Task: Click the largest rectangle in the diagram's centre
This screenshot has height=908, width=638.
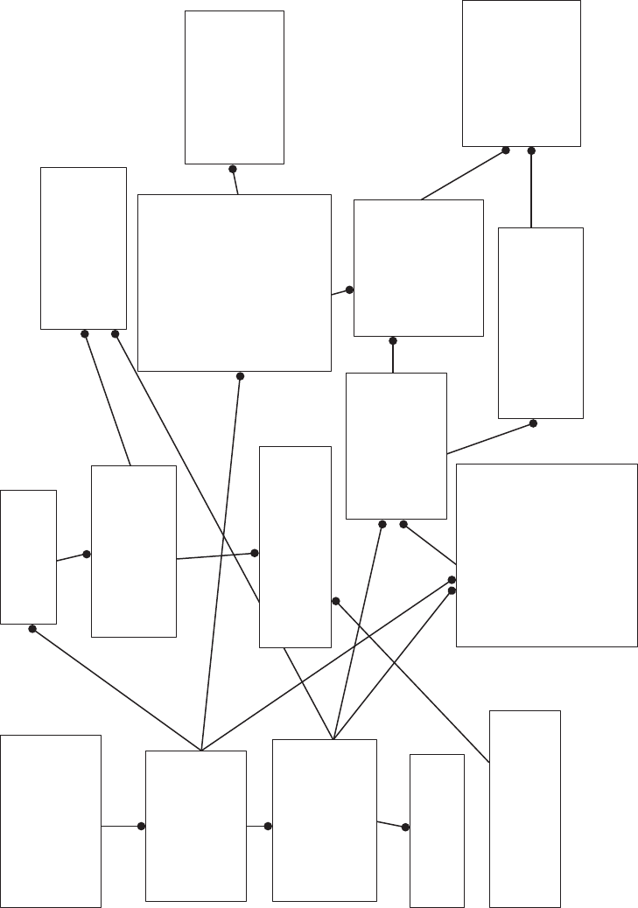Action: click(x=234, y=283)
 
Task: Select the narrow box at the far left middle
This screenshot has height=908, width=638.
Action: click(x=28, y=556)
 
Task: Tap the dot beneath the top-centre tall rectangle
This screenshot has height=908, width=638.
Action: click(x=233, y=169)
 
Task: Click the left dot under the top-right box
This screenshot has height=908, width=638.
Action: click(x=506, y=150)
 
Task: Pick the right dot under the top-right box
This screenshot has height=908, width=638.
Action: click(x=531, y=150)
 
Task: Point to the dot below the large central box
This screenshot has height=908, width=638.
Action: click(x=241, y=376)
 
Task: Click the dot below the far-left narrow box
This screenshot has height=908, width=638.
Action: click(x=32, y=629)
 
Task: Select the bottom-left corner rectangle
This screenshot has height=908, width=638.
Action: click(x=51, y=821)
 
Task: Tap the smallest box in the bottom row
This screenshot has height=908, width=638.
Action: click(x=437, y=830)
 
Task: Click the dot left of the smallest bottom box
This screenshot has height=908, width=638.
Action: click(x=405, y=827)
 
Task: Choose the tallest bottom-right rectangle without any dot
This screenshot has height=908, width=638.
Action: click(x=524, y=808)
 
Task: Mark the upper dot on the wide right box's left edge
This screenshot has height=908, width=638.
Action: click(x=452, y=580)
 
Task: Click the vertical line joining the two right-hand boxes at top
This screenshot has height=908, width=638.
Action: click(x=531, y=189)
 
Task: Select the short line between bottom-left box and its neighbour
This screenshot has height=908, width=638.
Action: click(x=121, y=826)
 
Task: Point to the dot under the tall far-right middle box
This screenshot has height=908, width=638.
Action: click(x=533, y=423)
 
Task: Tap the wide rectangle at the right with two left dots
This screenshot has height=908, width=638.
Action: click(x=546, y=555)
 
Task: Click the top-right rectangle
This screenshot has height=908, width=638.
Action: click(x=521, y=73)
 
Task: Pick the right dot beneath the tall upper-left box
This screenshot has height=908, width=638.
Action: click(x=115, y=333)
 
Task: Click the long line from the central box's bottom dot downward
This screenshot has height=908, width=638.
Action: click(x=221, y=560)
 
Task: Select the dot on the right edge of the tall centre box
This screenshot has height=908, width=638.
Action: click(x=335, y=601)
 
